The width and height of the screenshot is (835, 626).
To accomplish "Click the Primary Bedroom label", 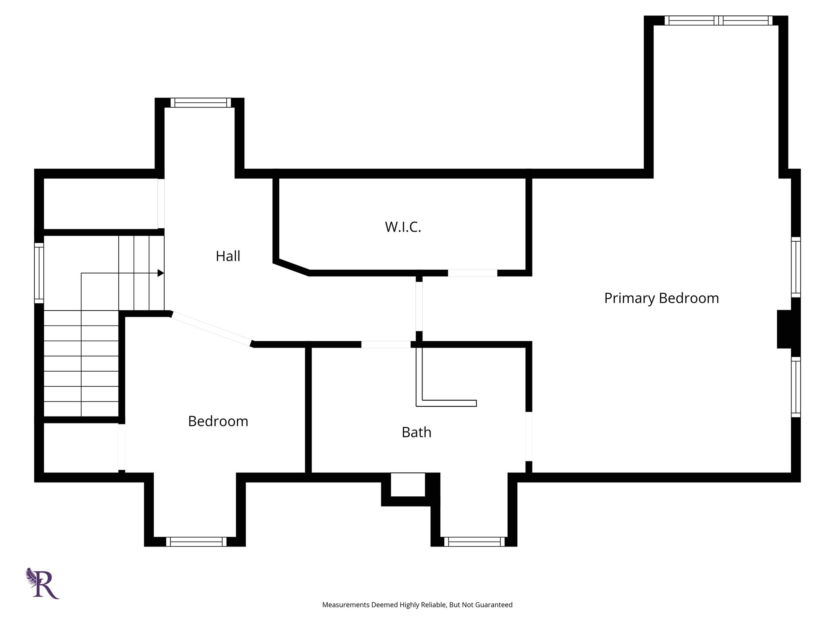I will coord(661,298).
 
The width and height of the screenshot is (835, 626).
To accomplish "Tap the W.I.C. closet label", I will coord(403,227).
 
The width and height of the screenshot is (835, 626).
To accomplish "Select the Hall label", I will coord(228,256).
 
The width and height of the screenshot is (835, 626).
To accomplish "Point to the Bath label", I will coord(416,432).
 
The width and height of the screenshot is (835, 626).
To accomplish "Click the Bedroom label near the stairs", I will coord(218,421).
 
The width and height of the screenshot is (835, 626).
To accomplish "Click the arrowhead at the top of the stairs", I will coord(161,273).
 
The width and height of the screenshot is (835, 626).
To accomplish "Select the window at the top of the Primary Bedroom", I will coord(718,20).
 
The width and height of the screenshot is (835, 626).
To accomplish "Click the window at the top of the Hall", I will coord(201,102).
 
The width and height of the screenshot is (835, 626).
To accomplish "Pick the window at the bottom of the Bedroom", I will coord(196,542).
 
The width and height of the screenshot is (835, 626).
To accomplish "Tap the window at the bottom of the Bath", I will coord(474,542).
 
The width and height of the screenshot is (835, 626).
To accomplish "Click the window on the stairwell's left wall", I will coord(39,273).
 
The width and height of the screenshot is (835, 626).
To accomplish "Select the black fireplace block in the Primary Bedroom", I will coord(784,329).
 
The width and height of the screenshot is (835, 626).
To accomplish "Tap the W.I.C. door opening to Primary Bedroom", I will coord(473,273).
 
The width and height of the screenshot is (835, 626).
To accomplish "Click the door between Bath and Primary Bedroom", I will coord(529,436).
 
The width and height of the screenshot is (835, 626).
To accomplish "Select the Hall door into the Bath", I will coord(386,344).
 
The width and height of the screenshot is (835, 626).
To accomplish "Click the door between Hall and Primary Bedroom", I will coord(419,306).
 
